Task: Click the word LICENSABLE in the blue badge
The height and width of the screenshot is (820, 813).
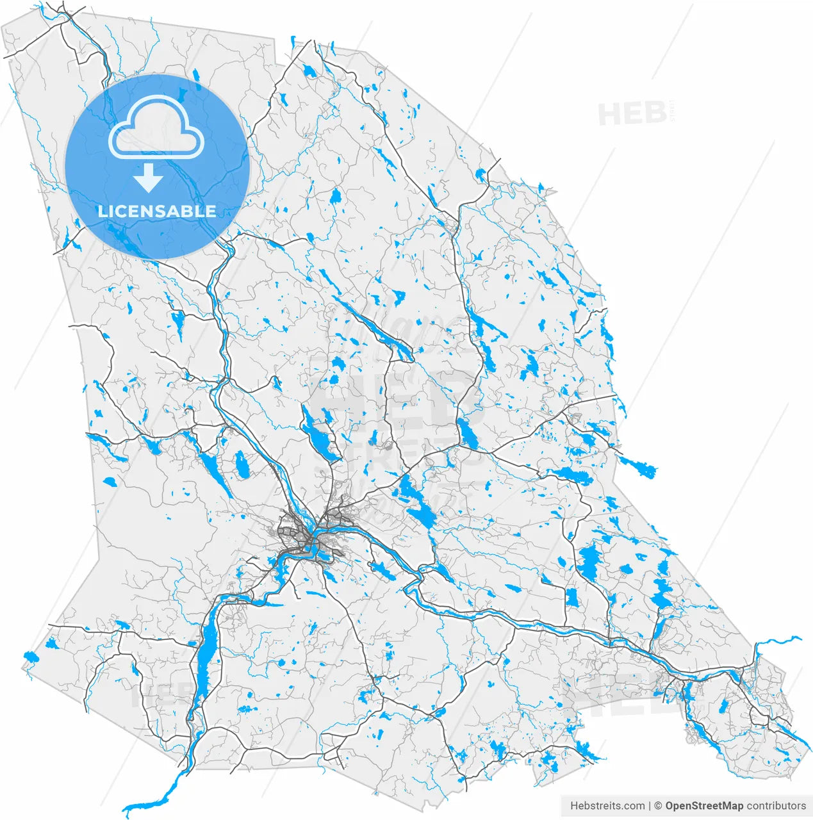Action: (x=156, y=211)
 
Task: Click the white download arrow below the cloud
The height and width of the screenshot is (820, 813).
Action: (x=148, y=177)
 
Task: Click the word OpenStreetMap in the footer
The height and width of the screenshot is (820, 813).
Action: (x=704, y=806)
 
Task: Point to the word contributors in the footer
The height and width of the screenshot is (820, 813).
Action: (x=776, y=806)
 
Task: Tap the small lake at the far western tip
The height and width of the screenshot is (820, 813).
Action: (x=31, y=657)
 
